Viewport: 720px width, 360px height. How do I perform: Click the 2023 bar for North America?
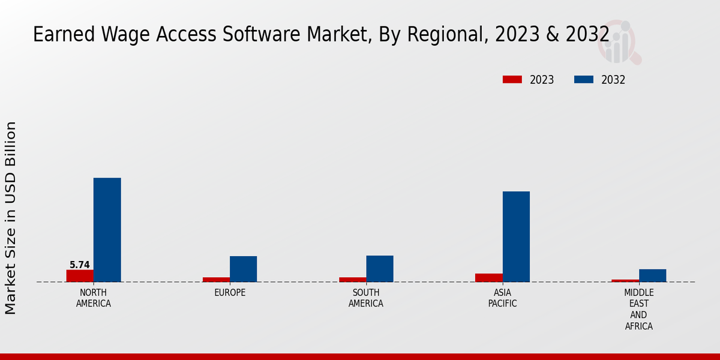pyautogui.click(x=80, y=276)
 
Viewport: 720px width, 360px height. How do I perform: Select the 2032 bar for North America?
pyautogui.click(x=107, y=230)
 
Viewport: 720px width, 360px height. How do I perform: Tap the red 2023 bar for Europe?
pyautogui.click(x=216, y=280)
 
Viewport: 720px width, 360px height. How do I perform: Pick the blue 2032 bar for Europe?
pyautogui.click(x=243, y=269)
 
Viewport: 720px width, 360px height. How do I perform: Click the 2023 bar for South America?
pyautogui.click(x=352, y=280)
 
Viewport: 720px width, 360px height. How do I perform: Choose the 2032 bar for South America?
pyautogui.click(x=380, y=269)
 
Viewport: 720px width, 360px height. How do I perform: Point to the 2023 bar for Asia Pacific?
pyautogui.click(x=488, y=278)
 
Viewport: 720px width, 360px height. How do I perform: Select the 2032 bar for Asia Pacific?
pyautogui.click(x=516, y=236)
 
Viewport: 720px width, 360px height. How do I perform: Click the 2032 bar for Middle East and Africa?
pyautogui.click(x=652, y=275)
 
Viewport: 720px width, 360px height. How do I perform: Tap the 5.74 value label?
pyautogui.click(x=80, y=265)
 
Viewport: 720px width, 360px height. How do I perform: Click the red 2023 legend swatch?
pyautogui.click(x=512, y=80)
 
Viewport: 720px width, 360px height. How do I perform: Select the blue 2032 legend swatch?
pyautogui.click(x=584, y=80)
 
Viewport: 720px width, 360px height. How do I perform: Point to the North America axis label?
pyautogui.click(x=93, y=298)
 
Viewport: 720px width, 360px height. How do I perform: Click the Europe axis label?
pyautogui.click(x=230, y=293)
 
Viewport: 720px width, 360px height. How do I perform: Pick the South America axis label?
pyautogui.click(x=366, y=298)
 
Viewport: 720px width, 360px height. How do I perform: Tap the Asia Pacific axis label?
pyautogui.click(x=502, y=298)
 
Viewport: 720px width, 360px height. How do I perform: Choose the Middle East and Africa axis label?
pyautogui.click(x=638, y=310)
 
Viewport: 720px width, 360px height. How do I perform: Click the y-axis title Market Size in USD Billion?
pyautogui.click(x=11, y=218)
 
